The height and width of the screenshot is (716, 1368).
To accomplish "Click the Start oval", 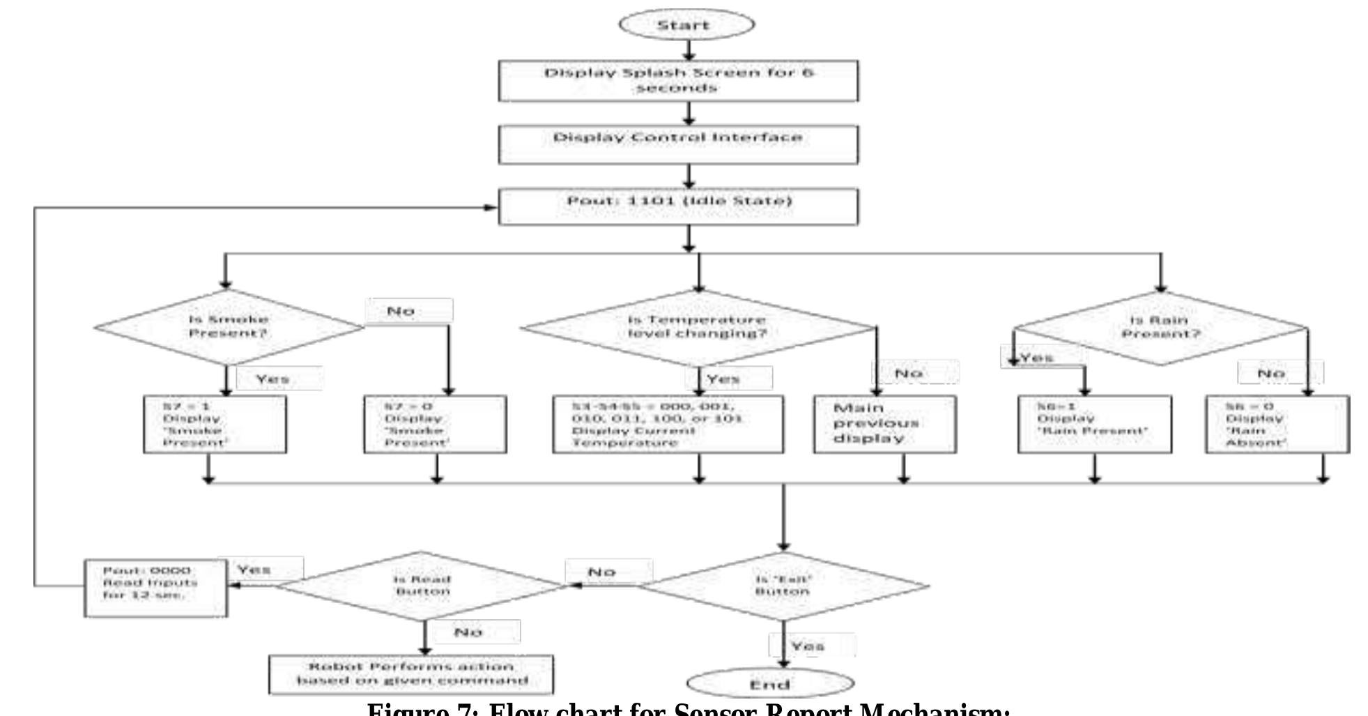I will (686, 25).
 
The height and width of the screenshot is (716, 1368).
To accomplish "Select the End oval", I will (770, 683).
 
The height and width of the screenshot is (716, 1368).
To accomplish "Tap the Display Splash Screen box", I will (678, 81).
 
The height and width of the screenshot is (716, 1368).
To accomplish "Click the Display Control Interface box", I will (678, 144).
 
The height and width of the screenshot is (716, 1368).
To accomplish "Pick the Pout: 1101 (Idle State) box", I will (678, 206).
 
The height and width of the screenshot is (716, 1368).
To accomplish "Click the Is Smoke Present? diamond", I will (229, 326).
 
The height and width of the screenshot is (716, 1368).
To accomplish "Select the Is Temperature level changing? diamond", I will (697, 327).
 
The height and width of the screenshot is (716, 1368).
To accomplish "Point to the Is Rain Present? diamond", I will (1160, 328).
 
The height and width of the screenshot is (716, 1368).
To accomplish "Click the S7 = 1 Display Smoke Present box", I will (215, 424).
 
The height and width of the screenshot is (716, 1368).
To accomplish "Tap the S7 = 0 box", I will (435, 424).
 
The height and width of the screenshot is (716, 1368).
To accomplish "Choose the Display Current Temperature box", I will (668, 424).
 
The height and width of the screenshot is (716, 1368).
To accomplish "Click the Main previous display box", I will (884, 424).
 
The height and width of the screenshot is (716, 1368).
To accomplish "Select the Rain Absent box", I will (1277, 424).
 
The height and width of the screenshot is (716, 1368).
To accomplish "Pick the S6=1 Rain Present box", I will (1094, 424).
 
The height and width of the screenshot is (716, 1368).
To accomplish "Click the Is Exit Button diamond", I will (783, 585).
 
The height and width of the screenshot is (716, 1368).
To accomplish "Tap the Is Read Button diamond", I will (422, 585).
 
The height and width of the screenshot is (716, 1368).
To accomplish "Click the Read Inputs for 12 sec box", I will (155, 588).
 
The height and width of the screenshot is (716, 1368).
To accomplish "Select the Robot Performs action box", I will (411, 673).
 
